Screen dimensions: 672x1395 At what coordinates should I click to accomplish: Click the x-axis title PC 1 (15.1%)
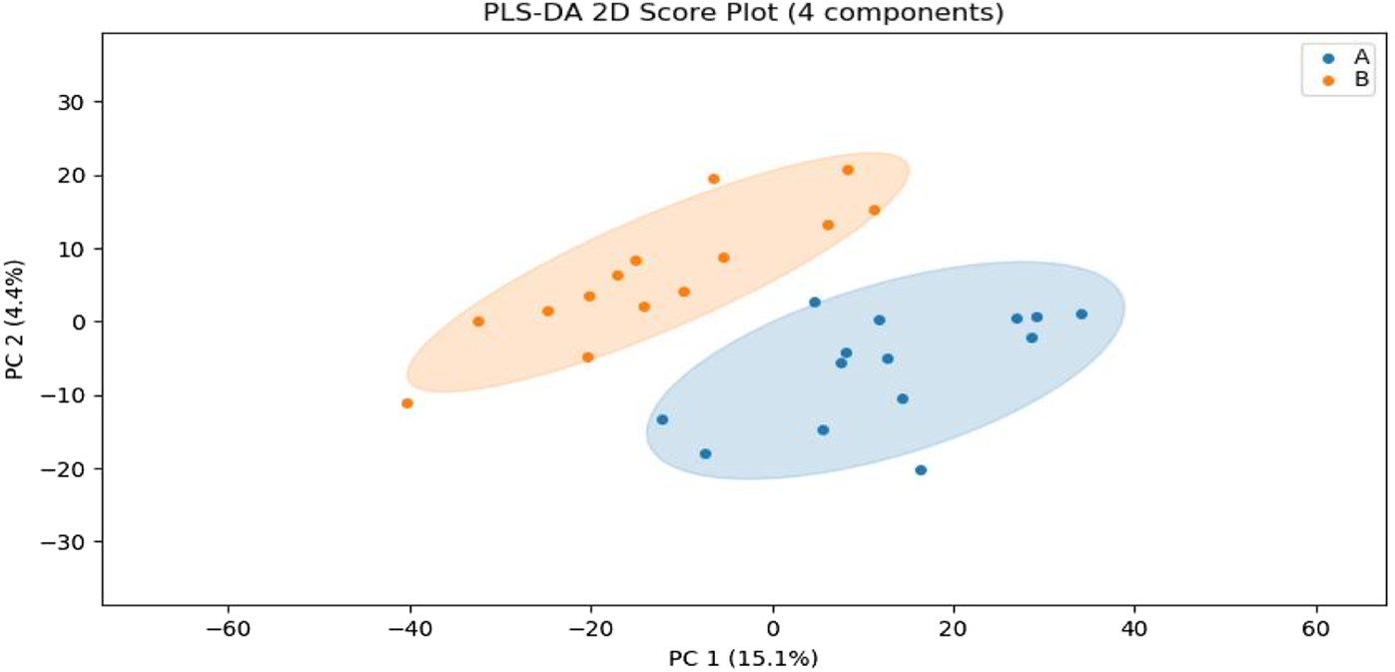[743, 658]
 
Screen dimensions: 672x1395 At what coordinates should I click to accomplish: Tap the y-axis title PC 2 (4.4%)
[14, 319]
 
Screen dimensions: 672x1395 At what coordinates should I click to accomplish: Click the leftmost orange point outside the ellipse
[407, 403]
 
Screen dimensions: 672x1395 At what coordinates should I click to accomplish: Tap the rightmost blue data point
[1081, 315]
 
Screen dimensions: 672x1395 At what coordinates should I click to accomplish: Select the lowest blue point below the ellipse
[921, 470]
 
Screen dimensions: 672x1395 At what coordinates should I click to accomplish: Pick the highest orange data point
[848, 170]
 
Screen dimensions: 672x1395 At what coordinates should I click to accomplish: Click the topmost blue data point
[815, 303]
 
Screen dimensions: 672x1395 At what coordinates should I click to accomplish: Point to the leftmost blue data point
[662, 420]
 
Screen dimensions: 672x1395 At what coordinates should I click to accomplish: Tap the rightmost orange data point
[874, 211]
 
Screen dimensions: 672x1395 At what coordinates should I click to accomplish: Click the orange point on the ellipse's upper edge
[714, 180]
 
